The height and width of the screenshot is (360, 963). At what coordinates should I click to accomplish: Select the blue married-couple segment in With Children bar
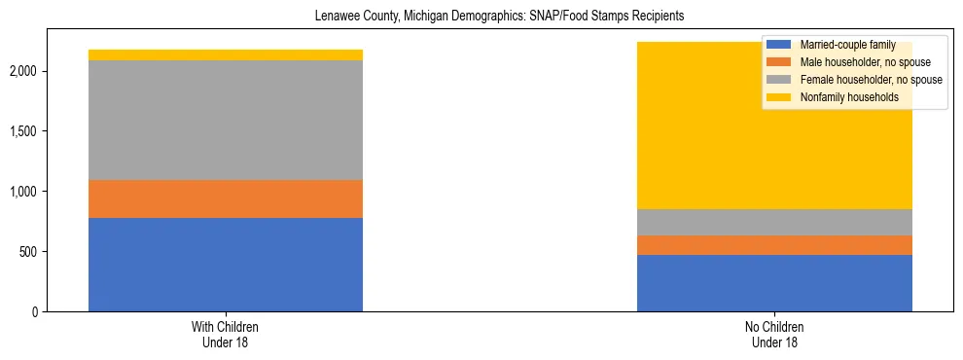(226, 264)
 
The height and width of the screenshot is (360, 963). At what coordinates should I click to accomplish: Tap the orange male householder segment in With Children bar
(226, 198)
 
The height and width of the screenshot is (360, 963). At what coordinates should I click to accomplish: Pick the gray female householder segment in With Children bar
(226, 120)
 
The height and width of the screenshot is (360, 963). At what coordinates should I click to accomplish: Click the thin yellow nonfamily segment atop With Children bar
(226, 54)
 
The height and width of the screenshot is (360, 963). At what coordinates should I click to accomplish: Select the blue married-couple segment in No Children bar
(774, 282)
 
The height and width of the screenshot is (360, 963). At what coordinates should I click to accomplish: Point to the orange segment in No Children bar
(774, 245)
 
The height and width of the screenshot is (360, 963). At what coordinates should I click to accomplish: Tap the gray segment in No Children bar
(774, 222)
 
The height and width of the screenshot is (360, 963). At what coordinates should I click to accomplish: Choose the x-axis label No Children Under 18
(774, 335)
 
